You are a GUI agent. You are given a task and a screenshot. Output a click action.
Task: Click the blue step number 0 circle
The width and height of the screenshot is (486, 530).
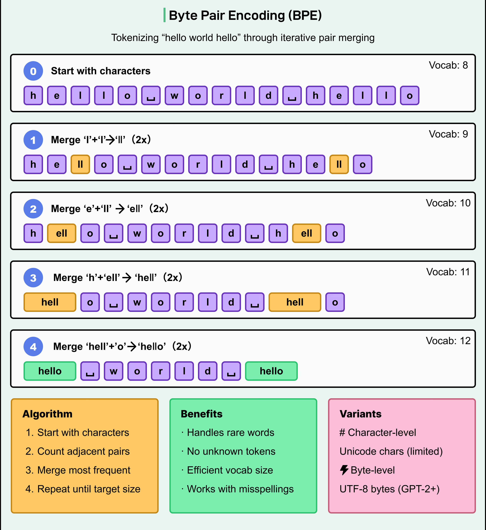tap(33, 71)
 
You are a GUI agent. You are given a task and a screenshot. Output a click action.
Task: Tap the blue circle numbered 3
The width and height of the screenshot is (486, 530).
tap(33, 278)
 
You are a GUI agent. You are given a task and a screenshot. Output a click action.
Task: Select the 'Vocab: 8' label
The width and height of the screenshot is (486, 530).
tap(448, 65)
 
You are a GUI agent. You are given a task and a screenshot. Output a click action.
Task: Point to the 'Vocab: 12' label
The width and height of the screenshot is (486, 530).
tap(448, 341)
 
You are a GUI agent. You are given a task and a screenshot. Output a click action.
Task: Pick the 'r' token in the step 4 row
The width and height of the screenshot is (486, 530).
tap(161, 371)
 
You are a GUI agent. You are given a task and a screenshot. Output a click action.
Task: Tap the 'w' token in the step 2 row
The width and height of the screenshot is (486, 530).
tap(137, 233)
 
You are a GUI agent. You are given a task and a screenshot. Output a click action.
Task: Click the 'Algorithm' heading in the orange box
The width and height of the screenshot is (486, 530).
tap(47, 414)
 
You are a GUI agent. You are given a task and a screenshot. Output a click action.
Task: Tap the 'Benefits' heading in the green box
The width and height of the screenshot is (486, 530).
tap(201, 414)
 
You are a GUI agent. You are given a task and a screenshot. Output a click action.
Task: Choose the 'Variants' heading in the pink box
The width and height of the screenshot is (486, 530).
tap(360, 414)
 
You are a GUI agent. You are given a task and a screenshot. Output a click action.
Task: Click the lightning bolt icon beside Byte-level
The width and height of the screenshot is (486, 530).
tap(344, 470)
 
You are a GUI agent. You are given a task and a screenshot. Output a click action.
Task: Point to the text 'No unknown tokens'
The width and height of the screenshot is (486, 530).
tap(231, 451)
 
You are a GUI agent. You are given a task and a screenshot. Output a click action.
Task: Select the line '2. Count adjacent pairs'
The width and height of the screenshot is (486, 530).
tap(78, 451)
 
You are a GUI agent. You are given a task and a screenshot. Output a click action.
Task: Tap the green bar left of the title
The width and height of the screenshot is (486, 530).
tap(164, 15)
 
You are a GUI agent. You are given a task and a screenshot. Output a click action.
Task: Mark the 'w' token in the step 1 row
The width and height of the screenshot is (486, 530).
tap(151, 164)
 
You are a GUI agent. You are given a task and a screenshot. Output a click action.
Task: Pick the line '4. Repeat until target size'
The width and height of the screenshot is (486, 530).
tap(83, 489)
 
